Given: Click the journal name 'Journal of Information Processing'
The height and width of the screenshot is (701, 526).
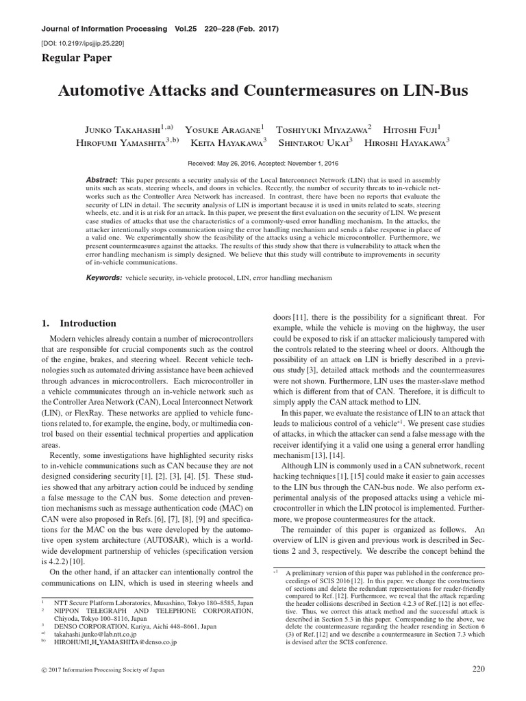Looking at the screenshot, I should point(96,29).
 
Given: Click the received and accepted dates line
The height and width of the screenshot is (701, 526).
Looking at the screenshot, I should point(263,164).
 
